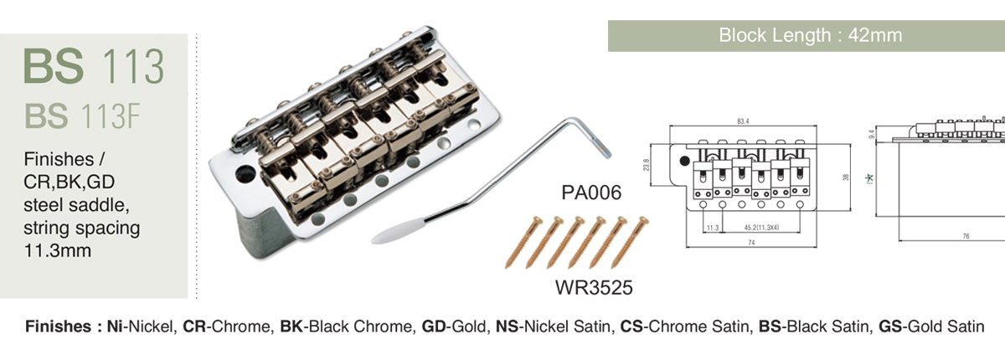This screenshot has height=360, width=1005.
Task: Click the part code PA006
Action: tap(591, 193)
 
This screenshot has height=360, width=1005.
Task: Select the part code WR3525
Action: tap(594, 287)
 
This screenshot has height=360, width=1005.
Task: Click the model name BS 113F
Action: tap(83, 116)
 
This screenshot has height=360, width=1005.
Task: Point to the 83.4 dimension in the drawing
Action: tap(743, 121)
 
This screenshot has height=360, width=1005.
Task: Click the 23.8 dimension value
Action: tap(646, 165)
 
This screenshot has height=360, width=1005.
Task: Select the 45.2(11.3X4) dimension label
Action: tap(761, 228)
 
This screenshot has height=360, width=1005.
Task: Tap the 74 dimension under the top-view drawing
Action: tap(751, 243)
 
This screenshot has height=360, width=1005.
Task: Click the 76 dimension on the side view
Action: tap(966, 236)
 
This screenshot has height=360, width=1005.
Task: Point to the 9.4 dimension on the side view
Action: tap(871, 134)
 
